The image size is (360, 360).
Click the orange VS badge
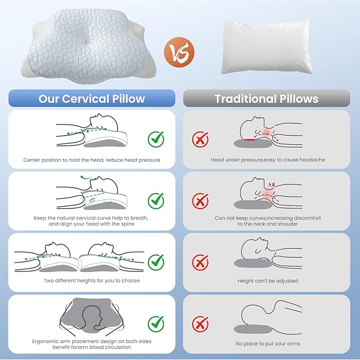click(179, 52)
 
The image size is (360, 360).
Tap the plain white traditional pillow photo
click(266, 47)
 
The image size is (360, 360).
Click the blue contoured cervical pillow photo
click(89, 46)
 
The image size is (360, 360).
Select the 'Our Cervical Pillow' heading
click(92, 99)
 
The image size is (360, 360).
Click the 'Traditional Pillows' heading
click(267, 99)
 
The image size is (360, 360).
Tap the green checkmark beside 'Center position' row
click(156, 139)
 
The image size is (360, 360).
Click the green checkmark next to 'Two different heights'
click(156, 262)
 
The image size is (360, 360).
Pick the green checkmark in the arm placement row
click(156, 324)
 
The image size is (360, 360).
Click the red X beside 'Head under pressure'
click(200, 139)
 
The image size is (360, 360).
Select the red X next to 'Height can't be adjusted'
click(200, 262)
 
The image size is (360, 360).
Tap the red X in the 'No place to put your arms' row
click(200, 324)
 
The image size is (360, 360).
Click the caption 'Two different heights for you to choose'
click(92, 280)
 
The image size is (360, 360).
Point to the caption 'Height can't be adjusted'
click(268, 281)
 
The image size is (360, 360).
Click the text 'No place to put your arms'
click(268, 344)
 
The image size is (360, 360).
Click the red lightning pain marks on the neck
click(272, 184)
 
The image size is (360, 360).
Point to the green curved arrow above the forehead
click(86, 177)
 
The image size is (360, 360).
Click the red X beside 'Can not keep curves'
click(200, 201)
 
